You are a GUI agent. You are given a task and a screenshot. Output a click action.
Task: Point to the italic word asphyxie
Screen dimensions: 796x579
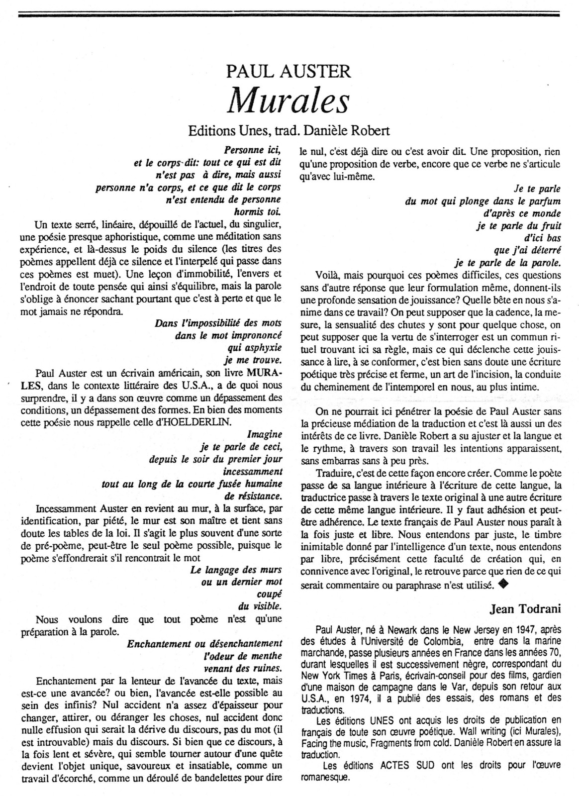click(262, 347)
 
